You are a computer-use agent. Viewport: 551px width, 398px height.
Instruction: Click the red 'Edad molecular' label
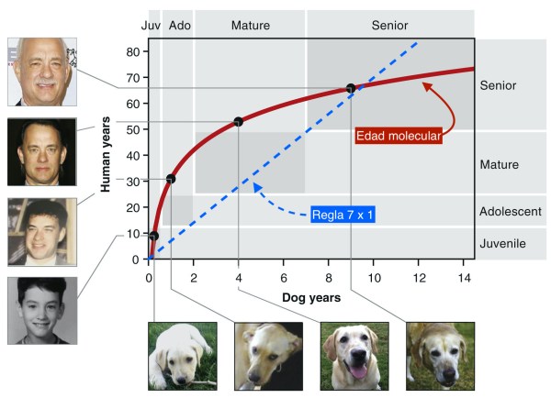coord(399,136)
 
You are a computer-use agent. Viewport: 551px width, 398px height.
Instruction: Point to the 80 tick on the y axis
coord(132,51)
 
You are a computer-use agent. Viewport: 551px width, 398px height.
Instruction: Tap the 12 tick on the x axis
coord(419,278)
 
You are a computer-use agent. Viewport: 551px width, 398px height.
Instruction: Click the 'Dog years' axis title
coord(310,297)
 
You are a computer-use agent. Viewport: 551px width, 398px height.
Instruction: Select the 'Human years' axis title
coord(107,155)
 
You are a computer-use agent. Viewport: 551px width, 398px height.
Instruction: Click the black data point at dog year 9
coord(351,88)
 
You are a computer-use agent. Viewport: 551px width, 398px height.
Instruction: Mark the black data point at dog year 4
coord(239,121)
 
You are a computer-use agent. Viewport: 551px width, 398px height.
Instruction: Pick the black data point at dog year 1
coord(171,178)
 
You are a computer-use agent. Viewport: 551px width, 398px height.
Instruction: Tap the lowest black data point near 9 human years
coord(153,236)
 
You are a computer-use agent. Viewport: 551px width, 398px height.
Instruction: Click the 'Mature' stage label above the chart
coord(250,25)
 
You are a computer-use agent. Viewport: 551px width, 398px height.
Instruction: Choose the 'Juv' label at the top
coord(151,25)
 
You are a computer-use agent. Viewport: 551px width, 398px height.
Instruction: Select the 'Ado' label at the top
coord(179,25)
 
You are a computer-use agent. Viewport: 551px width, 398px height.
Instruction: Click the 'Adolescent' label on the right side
coord(511,212)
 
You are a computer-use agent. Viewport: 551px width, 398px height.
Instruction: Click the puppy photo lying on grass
coord(183,356)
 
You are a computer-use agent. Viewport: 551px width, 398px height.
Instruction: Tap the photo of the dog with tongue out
coord(355,356)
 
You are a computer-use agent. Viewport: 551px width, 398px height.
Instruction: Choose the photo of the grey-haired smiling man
coord(42,72)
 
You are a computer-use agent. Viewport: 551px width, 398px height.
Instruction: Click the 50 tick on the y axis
coord(132,129)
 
